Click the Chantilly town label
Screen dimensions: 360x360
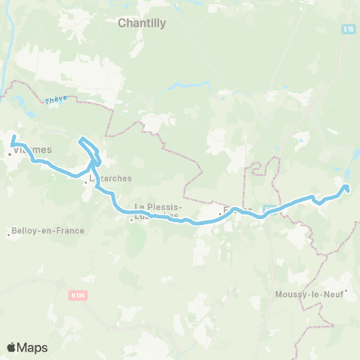pyautogui.click(x=142, y=23)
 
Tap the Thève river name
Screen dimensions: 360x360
pyautogui.click(x=55, y=99)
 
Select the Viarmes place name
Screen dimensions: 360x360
pyautogui.click(x=33, y=149)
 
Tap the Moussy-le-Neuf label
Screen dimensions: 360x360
pyautogui.click(x=308, y=293)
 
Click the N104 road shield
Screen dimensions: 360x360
pyautogui.click(x=78, y=295)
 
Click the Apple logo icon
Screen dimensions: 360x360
pyautogui.click(x=11, y=347)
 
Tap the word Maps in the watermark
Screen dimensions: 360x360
pyautogui.click(x=33, y=347)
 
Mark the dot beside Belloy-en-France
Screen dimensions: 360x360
pyautogui.click(x=8, y=234)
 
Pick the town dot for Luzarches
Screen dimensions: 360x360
pyautogui.click(x=87, y=181)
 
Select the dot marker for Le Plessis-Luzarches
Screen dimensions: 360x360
pyautogui.click(x=131, y=220)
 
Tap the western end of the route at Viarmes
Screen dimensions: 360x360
pyautogui.click(x=14, y=136)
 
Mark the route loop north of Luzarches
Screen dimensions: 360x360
pyautogui.click(x=87, y=142)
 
